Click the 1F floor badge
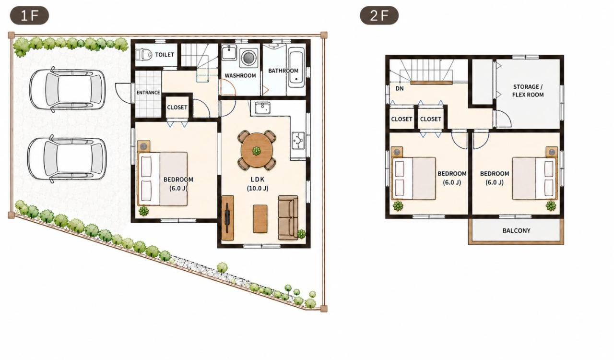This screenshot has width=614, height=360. tap(29, 15)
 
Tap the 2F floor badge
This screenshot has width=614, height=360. tap(379, 15)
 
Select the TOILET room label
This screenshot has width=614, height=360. tap(165, 55)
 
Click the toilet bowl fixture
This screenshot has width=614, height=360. tap(143, 54)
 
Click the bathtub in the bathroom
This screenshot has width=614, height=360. tap(297, 67)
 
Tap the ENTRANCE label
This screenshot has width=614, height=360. tap(148, 93)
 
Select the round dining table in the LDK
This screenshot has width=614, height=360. tap(257, 150)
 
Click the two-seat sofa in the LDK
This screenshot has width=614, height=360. tap(288, 217)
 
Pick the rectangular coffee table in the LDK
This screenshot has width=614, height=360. tap(260, 219)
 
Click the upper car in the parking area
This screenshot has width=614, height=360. tap(68, 89)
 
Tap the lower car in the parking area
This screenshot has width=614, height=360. tap(67, 159)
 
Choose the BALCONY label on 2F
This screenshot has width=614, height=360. tap(516, 230)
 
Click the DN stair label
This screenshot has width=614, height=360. tap(400, 89)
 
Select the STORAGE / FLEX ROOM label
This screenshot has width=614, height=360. tap(528, 91)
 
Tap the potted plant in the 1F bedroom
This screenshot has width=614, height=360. tap(143, 211)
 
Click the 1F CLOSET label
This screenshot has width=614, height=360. tap(177, 108)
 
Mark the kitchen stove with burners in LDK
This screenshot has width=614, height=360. tap(298, 141)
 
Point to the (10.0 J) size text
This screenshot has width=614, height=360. tap(258, 188)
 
